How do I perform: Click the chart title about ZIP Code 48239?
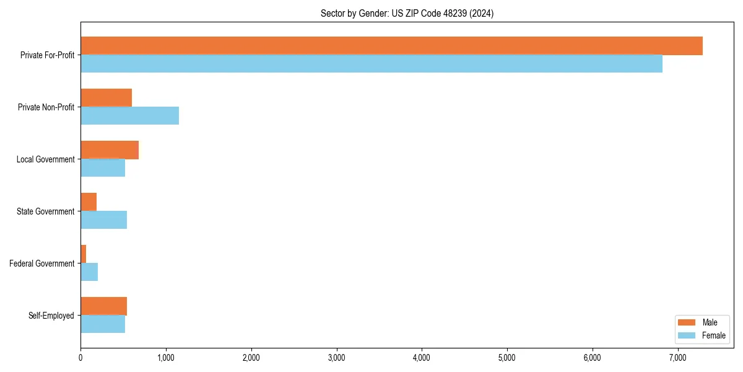click(x=407, y=13)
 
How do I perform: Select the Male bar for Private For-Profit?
click(x=391, y=46)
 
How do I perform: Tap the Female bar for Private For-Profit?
click(x=371, y=64)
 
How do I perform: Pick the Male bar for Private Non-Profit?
click(x=106, y=98)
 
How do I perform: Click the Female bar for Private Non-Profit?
click(x=129, y=116)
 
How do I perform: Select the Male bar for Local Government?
click(x=110, y=150)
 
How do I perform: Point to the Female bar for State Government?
click(x=103, y=220)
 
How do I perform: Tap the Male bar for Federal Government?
click(x=83, y=254)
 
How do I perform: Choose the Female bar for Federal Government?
click(x=89, y=272)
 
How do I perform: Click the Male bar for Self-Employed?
click(x=103, y=306)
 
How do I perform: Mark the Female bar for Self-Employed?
click(x=103, y=324)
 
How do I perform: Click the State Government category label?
click(x=45, y=211)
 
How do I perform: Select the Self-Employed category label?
click(x=51, y=316)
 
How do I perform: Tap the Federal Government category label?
click(x=41, y=263)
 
